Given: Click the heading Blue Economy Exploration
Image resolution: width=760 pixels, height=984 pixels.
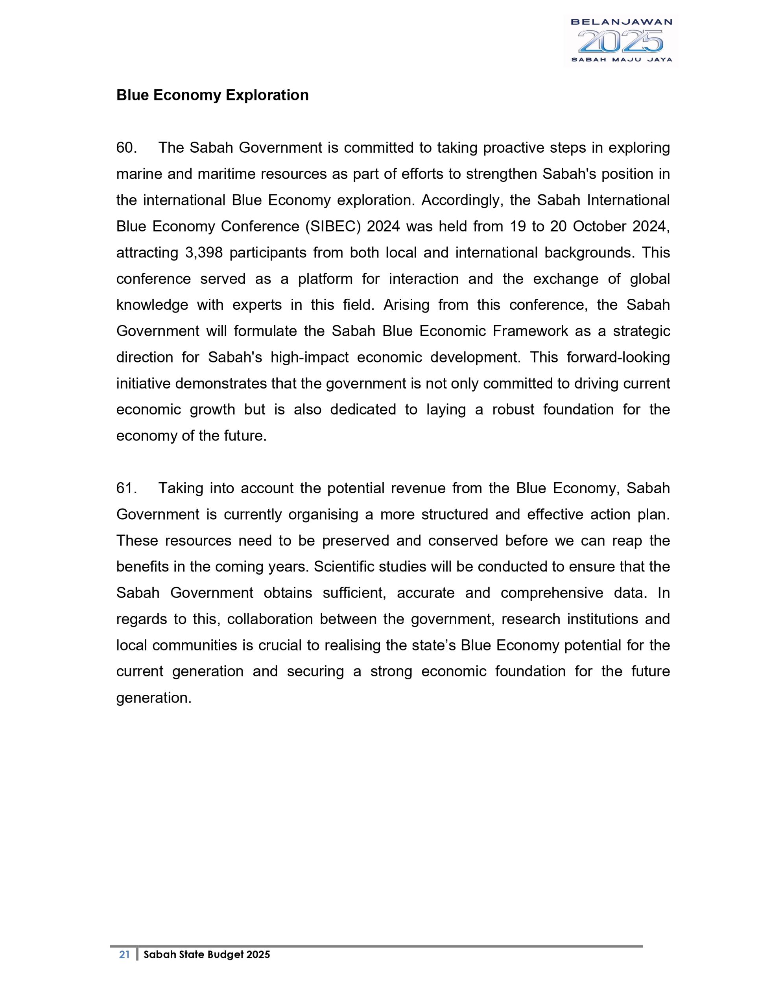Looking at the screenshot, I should [x=212, y=96].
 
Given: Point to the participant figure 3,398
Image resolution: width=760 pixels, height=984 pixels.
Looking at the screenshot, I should [x=203, y=253].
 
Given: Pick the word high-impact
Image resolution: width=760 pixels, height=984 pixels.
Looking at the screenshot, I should [x=309, y=357].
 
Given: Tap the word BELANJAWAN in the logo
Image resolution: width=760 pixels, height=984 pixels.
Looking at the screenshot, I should [x=621, y=22].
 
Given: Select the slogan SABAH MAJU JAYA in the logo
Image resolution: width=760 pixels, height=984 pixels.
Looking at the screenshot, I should [x=621, y=59].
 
